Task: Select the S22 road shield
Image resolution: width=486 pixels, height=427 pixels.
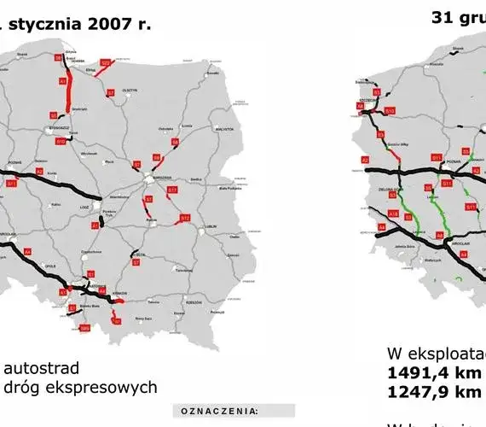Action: (105, 62)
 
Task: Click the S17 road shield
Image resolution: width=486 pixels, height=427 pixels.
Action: (172, 190)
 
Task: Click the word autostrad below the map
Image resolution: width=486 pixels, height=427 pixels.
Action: (42, 369)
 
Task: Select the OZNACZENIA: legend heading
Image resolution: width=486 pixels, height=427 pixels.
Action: (219, 412)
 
